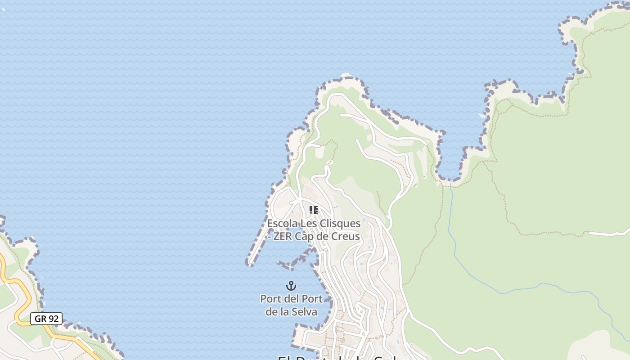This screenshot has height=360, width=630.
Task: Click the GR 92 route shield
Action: (x=46, y=319)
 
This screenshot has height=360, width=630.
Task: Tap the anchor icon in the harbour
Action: (x=291, y=286)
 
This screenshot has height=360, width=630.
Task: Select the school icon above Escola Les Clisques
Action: (x=314, y=210)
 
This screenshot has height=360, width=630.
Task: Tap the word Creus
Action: (x=344, y=236)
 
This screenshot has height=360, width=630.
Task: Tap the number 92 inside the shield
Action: (x=54, y=319)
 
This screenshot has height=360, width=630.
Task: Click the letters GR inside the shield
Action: (x=40, y=319)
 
